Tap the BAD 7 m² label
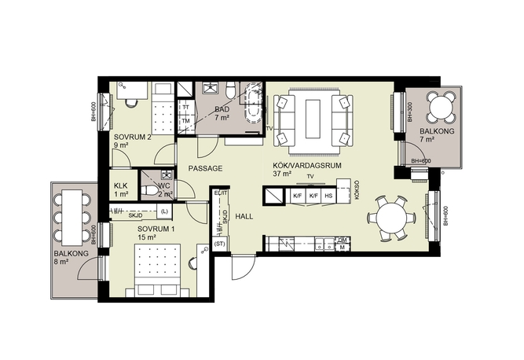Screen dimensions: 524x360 tap(222, 113)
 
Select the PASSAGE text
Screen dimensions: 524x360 tap(205, 168)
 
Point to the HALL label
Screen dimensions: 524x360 tap(244, 216)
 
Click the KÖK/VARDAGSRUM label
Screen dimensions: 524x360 tap(307, 166)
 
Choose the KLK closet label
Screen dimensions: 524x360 tap(121, 186)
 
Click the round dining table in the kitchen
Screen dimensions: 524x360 tap(391, 219)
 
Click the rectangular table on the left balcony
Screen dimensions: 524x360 tap(71, 217)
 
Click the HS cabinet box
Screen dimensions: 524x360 tap(328, 196)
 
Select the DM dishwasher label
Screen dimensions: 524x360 tap(343, 240)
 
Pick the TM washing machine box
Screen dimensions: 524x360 tap(186, 121)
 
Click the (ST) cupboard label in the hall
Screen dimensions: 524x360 tap(219, 244)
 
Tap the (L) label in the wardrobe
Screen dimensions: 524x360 tap(164, 211)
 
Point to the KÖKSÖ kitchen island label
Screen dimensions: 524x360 tap(357, 190)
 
